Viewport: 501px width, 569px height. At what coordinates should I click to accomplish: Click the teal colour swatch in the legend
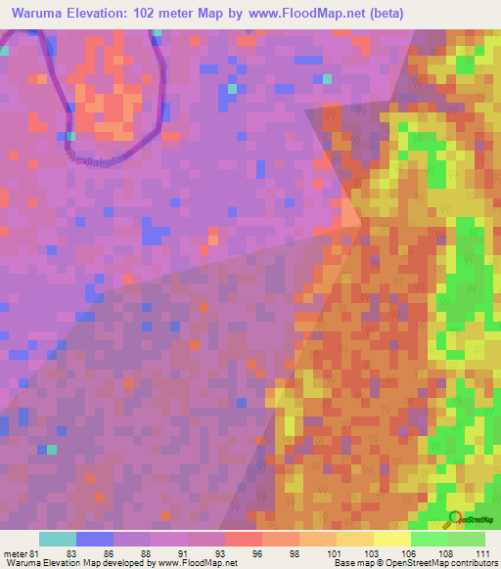pyautogui.click(x=57, y=539)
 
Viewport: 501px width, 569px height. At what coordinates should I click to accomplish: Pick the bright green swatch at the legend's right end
pyautogui.click(x=466, y=539)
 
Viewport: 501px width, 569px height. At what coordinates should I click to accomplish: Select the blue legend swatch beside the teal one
pyautogui.click(x=94, y=539)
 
